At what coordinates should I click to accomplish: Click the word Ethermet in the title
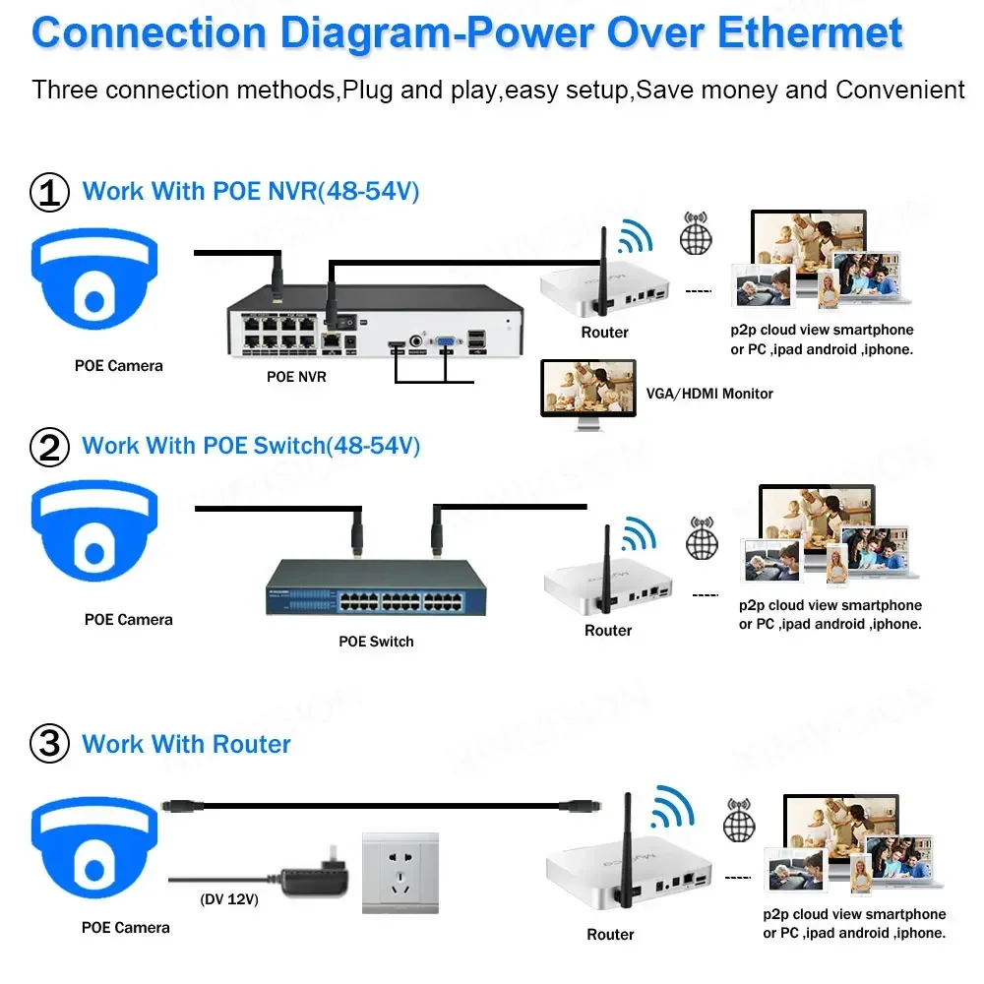coord(810,32)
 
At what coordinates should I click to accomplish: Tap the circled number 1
coord(50,192)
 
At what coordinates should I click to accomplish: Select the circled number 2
coord(50,448)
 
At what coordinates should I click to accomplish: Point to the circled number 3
coord(50,744)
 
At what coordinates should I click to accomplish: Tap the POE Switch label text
coord(376,642)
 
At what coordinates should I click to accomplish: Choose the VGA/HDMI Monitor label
coord(709,394)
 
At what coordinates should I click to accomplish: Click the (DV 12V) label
coord(228,899)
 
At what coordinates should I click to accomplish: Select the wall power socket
coord(400,873)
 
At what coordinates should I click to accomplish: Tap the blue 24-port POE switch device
coord(378,587)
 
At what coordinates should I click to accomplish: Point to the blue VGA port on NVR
coord(446,342)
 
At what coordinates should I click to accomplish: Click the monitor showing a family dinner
coord(589,391)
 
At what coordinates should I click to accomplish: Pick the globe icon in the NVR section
coord(696,239)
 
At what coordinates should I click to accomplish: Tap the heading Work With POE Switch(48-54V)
coord(251,446)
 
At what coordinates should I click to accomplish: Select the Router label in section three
coord(610,934)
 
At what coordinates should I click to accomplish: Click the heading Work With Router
coord(186,744)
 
